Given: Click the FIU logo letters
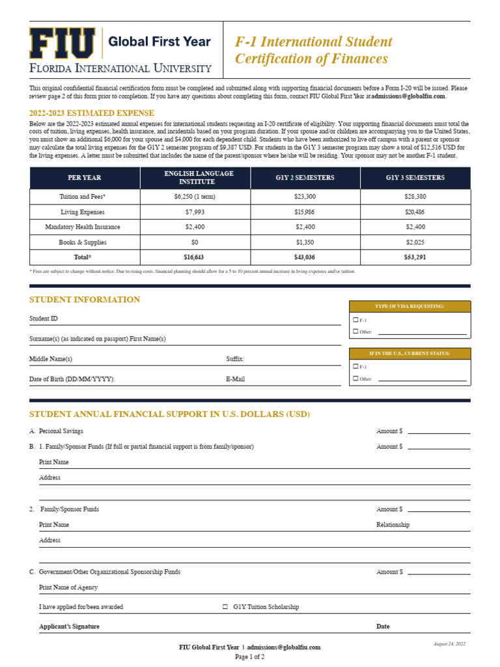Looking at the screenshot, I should [62, 44].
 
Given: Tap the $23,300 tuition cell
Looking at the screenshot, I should [305, 197].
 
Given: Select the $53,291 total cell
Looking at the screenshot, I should [415, 257].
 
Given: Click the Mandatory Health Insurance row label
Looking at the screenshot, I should [83, 227].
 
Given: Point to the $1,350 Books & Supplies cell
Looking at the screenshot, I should [305, 242].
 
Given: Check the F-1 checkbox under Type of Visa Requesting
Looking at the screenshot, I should [355, 320].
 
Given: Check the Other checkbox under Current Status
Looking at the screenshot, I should [355, 378].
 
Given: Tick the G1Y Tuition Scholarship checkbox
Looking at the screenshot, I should [225, 607].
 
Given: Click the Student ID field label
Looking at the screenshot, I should [44, 319].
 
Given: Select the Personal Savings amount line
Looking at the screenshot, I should [439, 432].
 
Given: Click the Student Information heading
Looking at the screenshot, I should [85, 300].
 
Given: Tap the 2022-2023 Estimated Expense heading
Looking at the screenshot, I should [92, 113].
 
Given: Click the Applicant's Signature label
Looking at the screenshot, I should [70, 627].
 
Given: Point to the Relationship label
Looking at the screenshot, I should [393, 525].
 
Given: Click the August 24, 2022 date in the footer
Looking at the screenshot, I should [449, 644].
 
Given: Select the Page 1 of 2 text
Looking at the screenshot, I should [249, 657].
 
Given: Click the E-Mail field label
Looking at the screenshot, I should [235, 379].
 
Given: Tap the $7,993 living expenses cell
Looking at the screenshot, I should [195, 212].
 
